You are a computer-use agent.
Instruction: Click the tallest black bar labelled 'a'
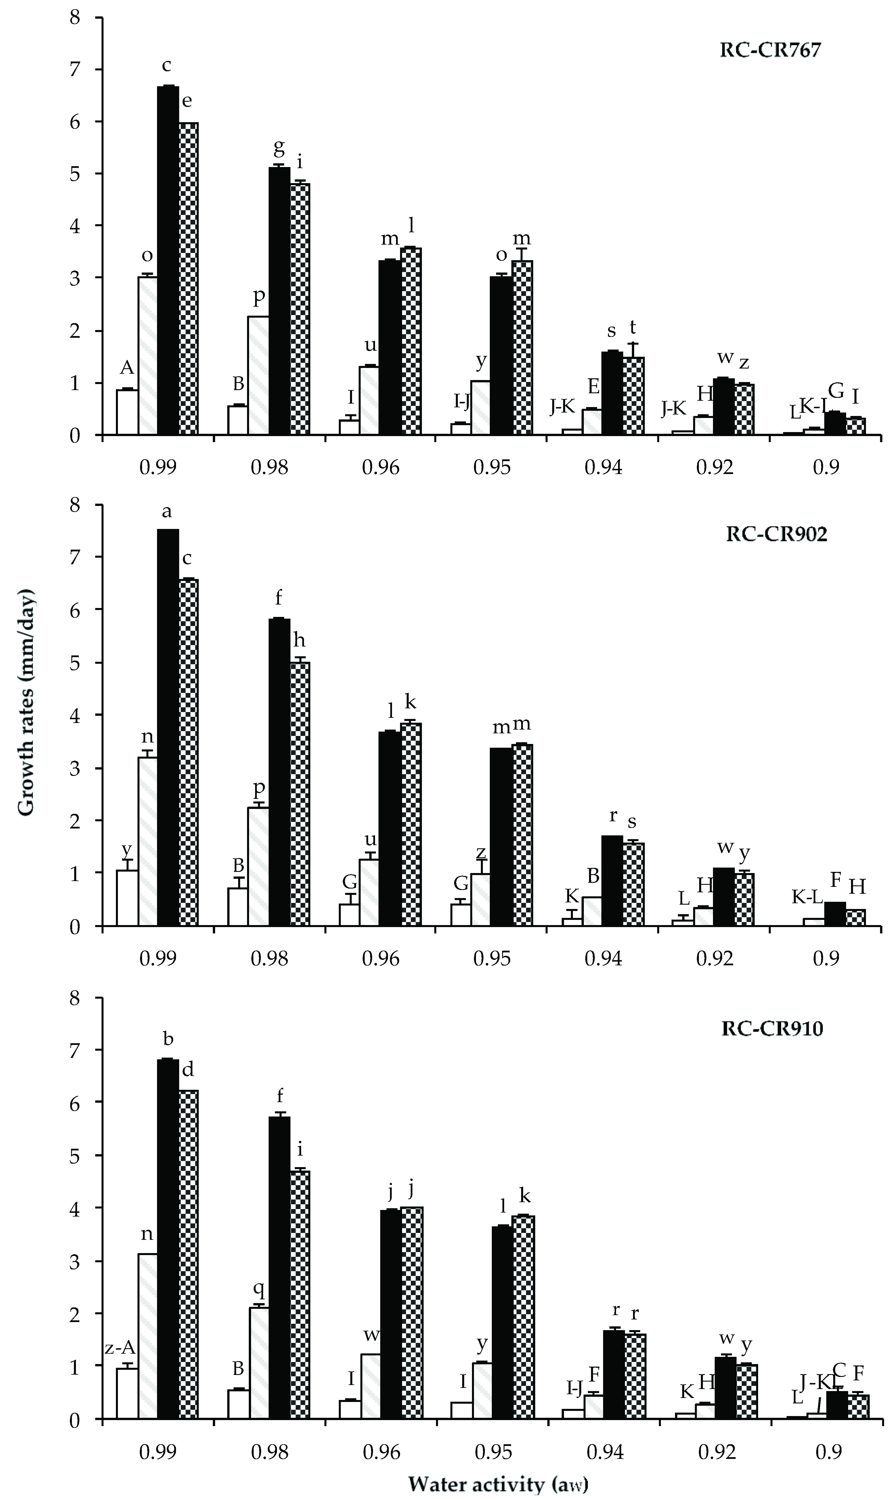168,728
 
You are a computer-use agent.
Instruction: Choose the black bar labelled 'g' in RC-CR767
279,301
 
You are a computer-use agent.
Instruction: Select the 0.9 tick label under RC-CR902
826,958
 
